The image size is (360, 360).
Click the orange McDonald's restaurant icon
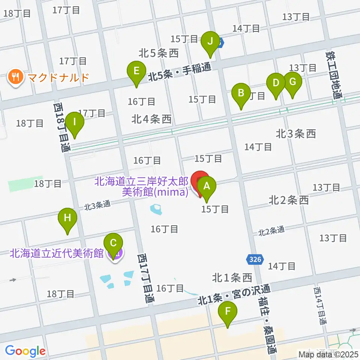pos(15,77)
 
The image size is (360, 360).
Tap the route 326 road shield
pos(255,259)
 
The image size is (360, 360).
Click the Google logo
pos(25,351)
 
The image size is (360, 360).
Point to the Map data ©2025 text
pos(328,354)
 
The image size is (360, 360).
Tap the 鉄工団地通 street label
pos(335,75)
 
